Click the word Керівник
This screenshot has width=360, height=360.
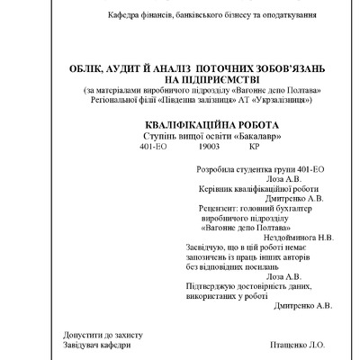click(214, 189)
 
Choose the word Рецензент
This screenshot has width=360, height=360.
click(219, 208)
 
